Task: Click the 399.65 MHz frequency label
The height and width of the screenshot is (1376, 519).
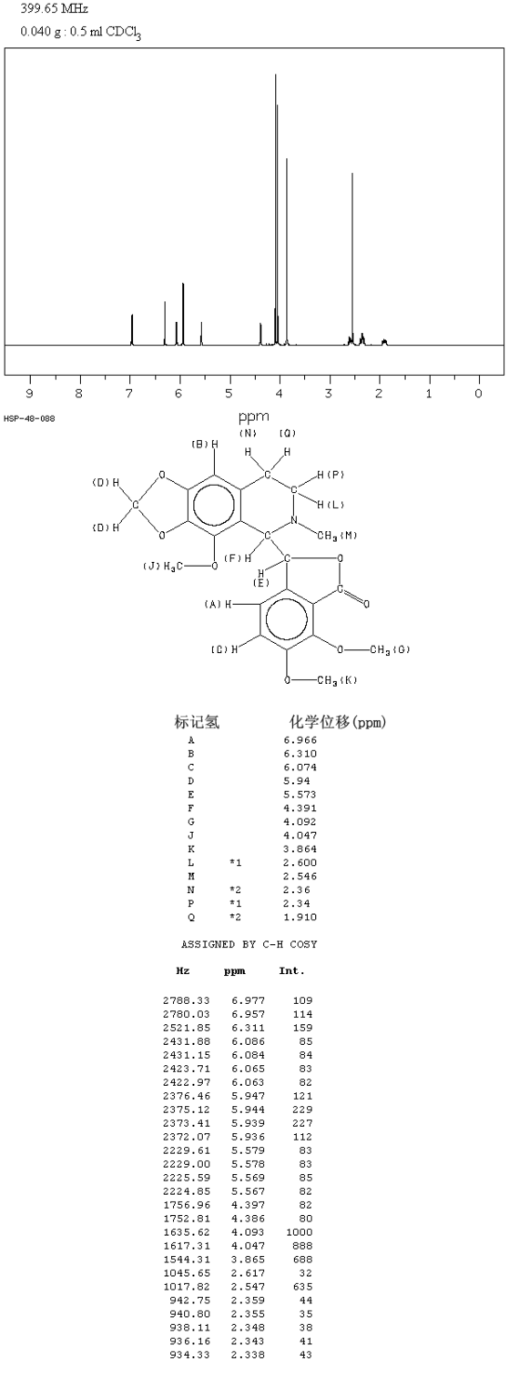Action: [x=54, y=8]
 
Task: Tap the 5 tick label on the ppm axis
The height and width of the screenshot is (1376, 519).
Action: [x=229, y=393]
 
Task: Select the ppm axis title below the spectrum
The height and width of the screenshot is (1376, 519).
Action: [x=253, y=417]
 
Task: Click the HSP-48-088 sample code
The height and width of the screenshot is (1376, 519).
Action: [x=29, y=419]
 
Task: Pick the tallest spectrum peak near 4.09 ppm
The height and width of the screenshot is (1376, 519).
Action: [x=276, y=209]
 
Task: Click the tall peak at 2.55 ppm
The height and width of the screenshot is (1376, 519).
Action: [x=352, y=258]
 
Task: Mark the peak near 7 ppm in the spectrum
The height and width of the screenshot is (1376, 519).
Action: [x=132, y=329]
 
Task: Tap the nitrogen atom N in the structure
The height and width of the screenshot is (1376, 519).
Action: [x=294, y=520]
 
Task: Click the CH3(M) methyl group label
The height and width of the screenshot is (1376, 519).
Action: [x=337, y=536]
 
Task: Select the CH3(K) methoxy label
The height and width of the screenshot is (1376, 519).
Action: [x=337, y=680]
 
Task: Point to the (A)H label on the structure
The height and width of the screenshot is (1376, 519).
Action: [x=218, y=605]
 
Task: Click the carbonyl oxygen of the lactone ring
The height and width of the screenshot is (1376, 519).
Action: [x=367, y=605]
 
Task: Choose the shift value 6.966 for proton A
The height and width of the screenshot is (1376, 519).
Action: [x=300, y=740]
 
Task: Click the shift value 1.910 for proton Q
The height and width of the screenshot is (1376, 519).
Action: [x=300, y=917]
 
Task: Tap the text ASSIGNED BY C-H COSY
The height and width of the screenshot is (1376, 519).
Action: [x=249, y=944]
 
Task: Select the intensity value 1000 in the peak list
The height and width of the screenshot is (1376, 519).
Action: [x=300, y=1232]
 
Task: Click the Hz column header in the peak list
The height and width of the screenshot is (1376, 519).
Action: [x=183, y=971]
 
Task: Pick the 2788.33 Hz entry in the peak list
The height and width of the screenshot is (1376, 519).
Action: [x=187, y=1000]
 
